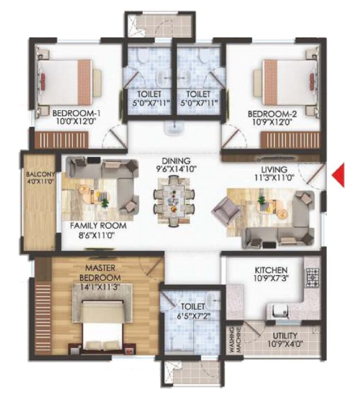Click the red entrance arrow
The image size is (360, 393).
coord(340,175)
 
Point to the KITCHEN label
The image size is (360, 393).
coord(272,270)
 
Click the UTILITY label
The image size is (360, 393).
coord(284,335)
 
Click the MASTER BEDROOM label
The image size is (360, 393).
coord(103,274)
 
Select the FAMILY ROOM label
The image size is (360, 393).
coord(98,226)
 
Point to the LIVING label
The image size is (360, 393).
coord(274,169)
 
